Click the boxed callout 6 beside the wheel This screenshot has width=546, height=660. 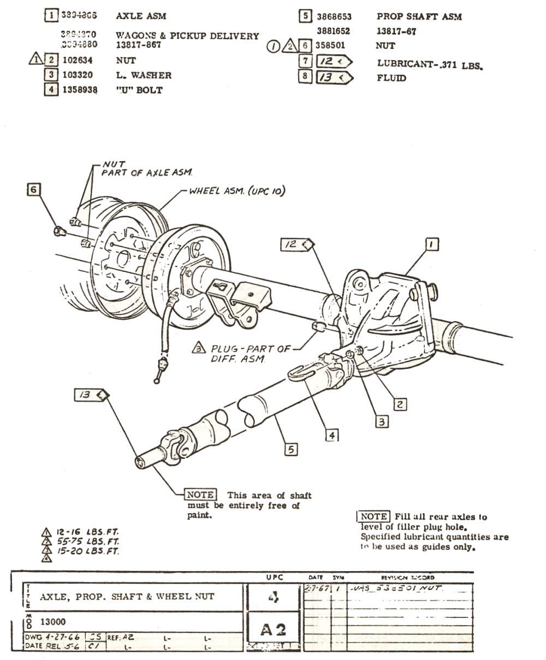34,189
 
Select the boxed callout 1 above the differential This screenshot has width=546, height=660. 431,245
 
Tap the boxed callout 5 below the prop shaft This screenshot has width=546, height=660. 292,449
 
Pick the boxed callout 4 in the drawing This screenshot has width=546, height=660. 332,435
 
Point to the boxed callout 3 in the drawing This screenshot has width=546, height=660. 382,421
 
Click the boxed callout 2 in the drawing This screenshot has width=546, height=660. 400,404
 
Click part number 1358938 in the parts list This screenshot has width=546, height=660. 80,90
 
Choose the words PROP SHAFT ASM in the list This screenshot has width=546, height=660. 419,17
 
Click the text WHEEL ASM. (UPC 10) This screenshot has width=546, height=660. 236,192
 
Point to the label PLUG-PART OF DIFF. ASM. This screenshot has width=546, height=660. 251,353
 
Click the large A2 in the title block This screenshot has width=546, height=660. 274,630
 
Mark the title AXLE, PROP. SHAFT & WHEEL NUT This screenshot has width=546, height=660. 127,597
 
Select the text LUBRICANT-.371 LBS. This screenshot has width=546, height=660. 431,64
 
